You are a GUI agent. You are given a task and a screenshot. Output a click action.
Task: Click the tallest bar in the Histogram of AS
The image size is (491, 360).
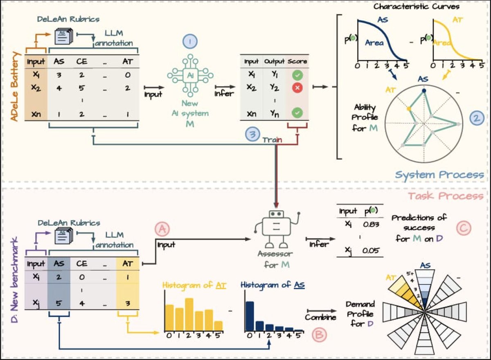(x=249, y=315)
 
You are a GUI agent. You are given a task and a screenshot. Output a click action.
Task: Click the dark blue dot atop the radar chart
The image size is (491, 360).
(x=423, y=90)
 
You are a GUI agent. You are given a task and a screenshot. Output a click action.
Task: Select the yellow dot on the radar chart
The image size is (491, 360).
(x=409, y=109)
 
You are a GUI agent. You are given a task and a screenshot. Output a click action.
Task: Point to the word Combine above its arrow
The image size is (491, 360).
(x=320, y=317)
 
